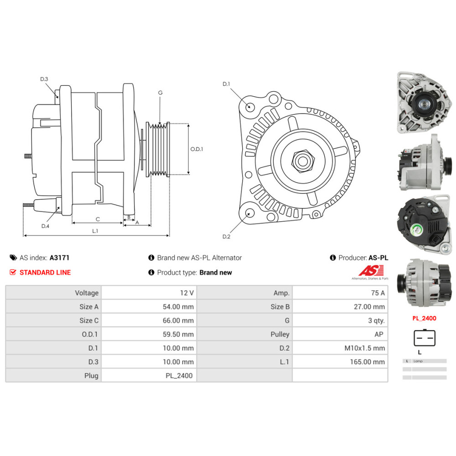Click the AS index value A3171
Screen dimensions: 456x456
click(x=59, y=258)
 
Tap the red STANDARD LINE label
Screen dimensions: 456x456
click(x=45, y=273)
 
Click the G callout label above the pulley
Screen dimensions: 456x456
click(x=160, y=93)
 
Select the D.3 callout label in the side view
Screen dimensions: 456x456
click(x=44, y=79)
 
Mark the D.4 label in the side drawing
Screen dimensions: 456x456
click(x=45, y=226)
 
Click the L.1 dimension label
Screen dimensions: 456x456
click(x=95, y=231)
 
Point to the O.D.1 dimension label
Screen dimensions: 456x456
click(x=197, y=149)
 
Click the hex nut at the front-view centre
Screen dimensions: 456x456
click(x=301, y=160)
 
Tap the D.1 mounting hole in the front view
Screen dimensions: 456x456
click(x=249, y=107)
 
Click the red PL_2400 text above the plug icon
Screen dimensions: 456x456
click(x=424, y=318)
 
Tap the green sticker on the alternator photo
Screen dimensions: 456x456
click(x=416, y=230)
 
